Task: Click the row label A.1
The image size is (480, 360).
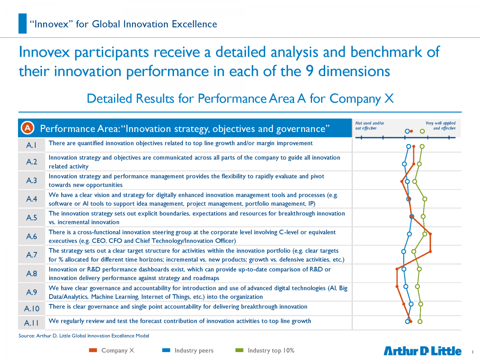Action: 31,145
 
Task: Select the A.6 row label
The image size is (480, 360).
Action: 32,236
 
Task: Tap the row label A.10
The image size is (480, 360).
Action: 32,309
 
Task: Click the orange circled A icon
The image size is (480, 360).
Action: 28,128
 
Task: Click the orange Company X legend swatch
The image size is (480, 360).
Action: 93,350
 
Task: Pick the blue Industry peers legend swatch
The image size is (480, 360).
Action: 166,350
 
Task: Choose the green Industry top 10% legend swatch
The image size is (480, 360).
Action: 239,350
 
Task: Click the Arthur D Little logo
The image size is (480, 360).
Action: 422,351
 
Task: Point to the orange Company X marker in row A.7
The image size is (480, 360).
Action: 430,252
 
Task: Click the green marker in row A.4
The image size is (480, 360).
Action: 425,199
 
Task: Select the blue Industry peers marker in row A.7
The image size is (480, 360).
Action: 404,252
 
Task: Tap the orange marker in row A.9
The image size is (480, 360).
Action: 397,286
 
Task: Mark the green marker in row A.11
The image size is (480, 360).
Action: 420,322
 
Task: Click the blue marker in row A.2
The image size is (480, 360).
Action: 404,164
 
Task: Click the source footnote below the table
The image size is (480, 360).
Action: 84,336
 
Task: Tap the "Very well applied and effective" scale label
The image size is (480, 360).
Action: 440,126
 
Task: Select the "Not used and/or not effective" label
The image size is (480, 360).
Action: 370,126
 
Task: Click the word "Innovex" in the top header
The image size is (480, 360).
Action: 52,24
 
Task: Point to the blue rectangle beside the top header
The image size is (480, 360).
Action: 22,23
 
